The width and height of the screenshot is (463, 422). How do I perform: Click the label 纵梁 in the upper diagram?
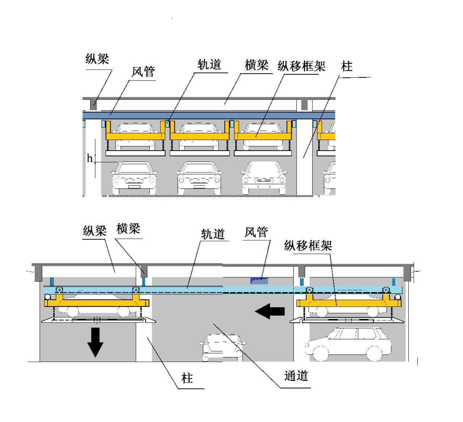coord(97,59)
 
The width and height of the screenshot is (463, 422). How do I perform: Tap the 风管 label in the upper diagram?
coord(143,72)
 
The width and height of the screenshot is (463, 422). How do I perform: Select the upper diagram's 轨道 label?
coord(209,65)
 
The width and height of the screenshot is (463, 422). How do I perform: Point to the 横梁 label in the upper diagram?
coord(256,65)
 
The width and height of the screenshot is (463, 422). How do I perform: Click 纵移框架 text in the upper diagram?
coord(301,66)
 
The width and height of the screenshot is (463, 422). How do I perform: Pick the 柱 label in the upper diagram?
coord(347,67)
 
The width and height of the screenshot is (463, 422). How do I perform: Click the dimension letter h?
coord(89,158)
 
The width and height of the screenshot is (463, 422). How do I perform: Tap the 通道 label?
coord(296,376)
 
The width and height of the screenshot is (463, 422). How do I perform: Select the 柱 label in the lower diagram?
coord(187,379)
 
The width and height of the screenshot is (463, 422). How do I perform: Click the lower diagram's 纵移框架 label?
coord(308,246)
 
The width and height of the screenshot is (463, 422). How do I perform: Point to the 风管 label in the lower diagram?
coord(256,232)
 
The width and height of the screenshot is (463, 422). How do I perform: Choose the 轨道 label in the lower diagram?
coord(213,234)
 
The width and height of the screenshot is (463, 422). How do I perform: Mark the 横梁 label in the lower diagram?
coord(128,229)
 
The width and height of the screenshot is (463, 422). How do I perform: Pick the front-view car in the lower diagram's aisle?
coord(222,347)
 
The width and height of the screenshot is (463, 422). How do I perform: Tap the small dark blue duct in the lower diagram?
coord(259,280)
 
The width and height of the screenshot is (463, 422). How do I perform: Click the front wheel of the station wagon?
coord(320,354)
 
